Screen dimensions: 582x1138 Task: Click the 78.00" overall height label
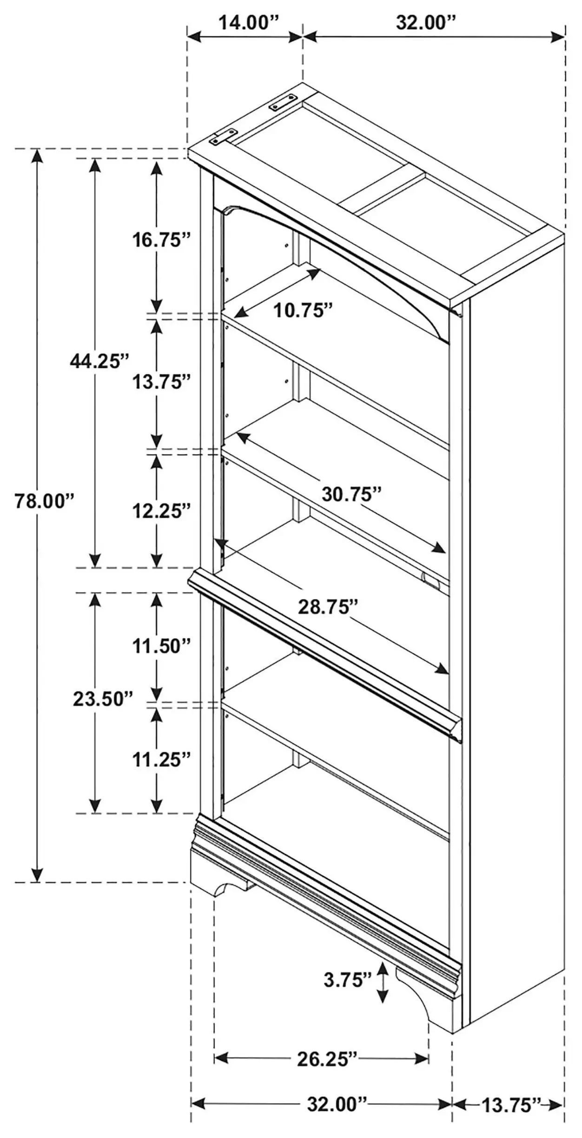(x=45, y=501)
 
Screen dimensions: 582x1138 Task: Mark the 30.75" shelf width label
(x=352, y=494)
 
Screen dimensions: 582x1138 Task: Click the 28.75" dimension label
(x=328, y=607)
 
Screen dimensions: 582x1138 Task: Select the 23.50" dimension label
(x=103, y=699)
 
